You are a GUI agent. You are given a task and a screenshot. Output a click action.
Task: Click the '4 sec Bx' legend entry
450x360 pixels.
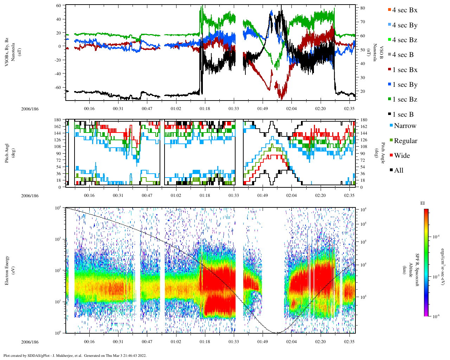pyautogui.click(x=404, y=10)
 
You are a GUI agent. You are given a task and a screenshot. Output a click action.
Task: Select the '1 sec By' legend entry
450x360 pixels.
pyautogui.click(x=404, y=85)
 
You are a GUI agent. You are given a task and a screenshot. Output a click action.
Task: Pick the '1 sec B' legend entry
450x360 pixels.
pyautogui.click(x=403, y=115)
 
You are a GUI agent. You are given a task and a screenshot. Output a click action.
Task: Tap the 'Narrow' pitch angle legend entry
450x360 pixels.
pyautogui.click(x=405, y=126)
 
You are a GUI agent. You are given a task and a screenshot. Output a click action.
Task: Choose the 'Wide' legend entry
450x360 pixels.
pyautogui.click(x=402, y=156)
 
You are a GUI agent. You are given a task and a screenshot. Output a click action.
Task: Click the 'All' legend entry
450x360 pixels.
pyautogui.click(x=398, y=171)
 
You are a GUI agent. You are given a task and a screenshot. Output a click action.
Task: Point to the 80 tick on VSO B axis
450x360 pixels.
pyautogui.click(x=362, y=8)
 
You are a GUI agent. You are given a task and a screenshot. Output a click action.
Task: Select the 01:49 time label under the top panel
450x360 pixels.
pyautogui.click(x=262, y=109)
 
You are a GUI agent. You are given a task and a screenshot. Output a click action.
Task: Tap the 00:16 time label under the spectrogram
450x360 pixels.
pyautogui.click(x=89, y=341)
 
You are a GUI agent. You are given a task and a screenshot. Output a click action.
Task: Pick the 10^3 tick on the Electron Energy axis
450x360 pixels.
pyautogui.click(x=58, y=239)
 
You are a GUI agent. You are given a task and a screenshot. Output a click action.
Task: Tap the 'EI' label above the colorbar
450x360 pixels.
pyautogui.click(x=423, y=203)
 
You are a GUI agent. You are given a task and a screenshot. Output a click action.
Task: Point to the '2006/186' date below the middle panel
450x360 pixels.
pyautogui.click(x=30, y=195)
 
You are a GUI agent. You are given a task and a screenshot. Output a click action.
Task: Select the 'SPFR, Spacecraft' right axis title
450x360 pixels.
pyautogui.click(x=417, y=270)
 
